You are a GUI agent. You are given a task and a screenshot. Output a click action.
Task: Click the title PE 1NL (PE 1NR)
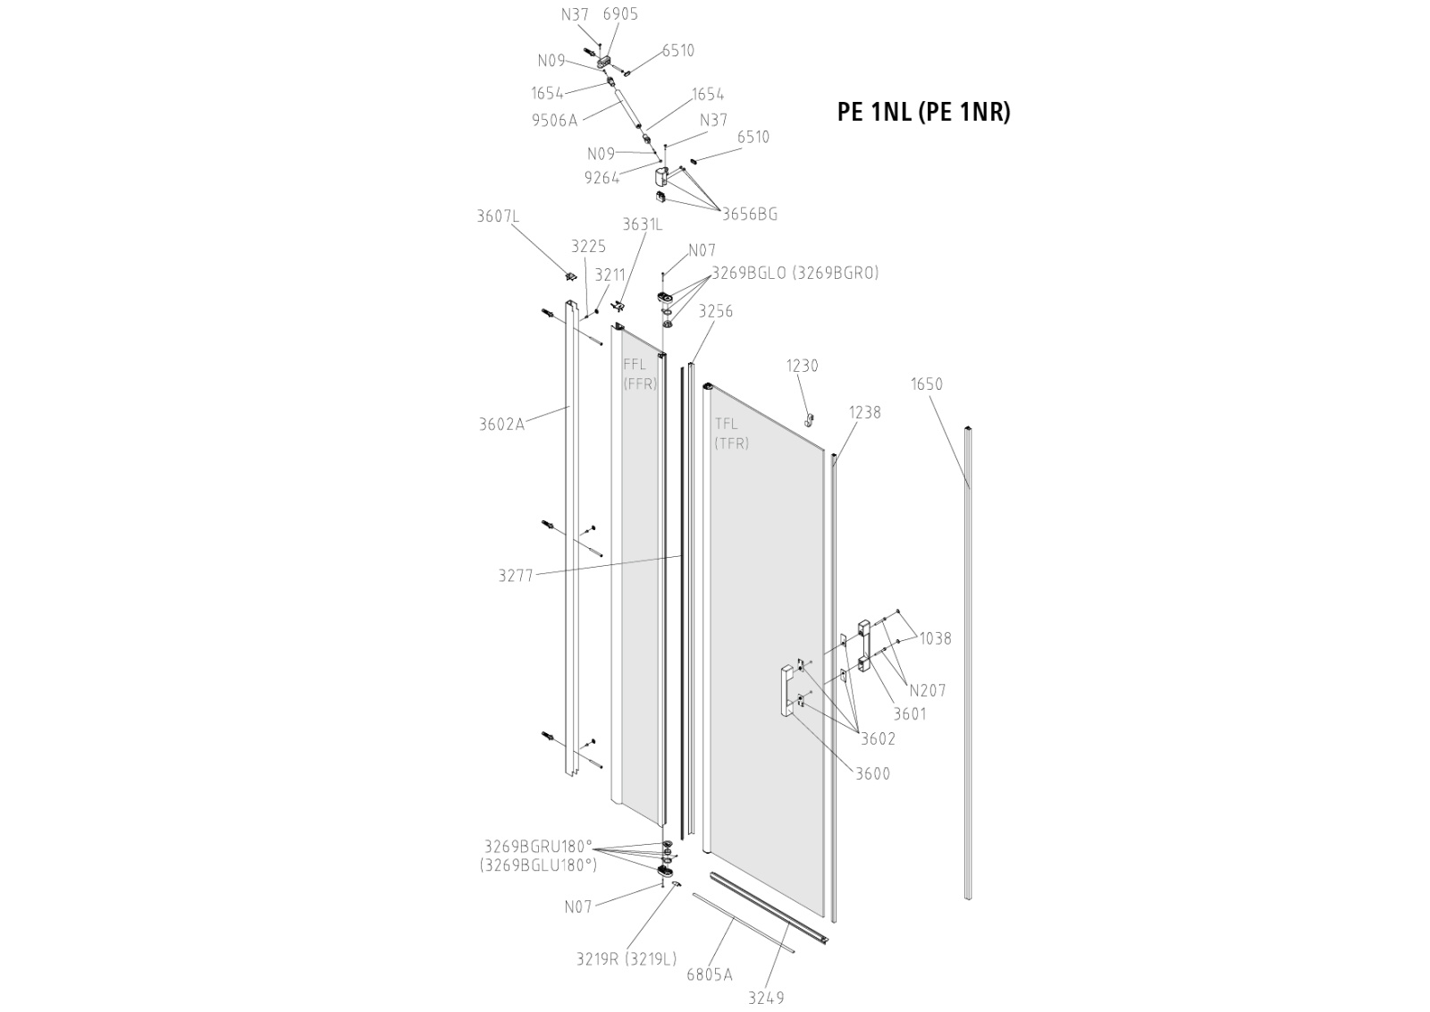pyautogui.click(x=923, y=112)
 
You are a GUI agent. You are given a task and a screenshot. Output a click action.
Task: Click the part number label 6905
pyautogui.click(x=620, y=14)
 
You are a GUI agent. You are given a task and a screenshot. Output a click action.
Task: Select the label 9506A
pyautogui.click(x=554, y=121)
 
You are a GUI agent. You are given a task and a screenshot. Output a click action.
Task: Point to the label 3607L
pyautogui.click(x=498, y=216)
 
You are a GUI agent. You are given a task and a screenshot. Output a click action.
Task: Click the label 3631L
pyautogui.click(x=643, y=224)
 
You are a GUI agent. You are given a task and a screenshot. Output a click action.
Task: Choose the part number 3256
pyautogui.click(x=716, y=311)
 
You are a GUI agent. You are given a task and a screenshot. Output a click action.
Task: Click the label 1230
pyautogui.click(x=802, y=366)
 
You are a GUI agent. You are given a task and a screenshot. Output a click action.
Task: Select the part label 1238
pyautogui.click(x=864, y=412)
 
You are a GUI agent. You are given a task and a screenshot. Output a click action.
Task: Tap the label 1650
pyautogui.click(x=927, y=384)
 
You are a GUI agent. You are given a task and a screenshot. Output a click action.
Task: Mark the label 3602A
pyautogui.click(x=501, y=425)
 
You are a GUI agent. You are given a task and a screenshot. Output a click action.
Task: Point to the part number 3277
pyautogui.click(x=516, y=576)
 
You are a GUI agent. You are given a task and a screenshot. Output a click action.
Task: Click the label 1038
pyautogui.click(x=935, y=638)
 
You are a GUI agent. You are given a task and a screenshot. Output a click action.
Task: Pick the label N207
pyautogui.click(x=928, y=690)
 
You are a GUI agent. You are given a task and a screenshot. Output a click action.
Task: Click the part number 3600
pyautogui.click(x=872, y=774)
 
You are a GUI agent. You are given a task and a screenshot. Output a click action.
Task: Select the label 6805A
pyautogui.click(x=709, y=974)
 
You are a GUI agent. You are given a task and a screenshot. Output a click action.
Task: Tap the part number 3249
pyautogui.click(x=766, y=998)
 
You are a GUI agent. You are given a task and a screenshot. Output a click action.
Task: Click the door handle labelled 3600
pyautogui.click(x=786, y=690)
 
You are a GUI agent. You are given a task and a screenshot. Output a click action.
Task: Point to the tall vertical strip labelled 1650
pyautogui.click(x=967, y=662)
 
